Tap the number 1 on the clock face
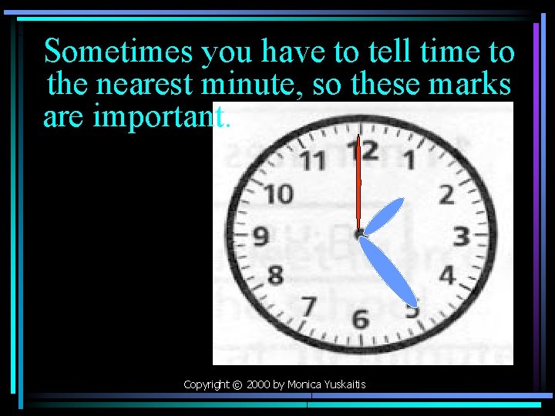(409, 160)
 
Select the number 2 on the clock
(446, 194)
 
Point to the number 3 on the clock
(461, 235)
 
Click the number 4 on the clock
(446, 273)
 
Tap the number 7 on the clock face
(308, 307)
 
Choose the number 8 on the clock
(275, 273)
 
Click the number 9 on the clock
(261, 235)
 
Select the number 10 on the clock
(279, 194)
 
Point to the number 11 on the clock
(311, 162)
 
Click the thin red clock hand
(358, 185)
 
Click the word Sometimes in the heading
(119, 52)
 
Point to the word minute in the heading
(254, 83)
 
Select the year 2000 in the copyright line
(258, 384)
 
